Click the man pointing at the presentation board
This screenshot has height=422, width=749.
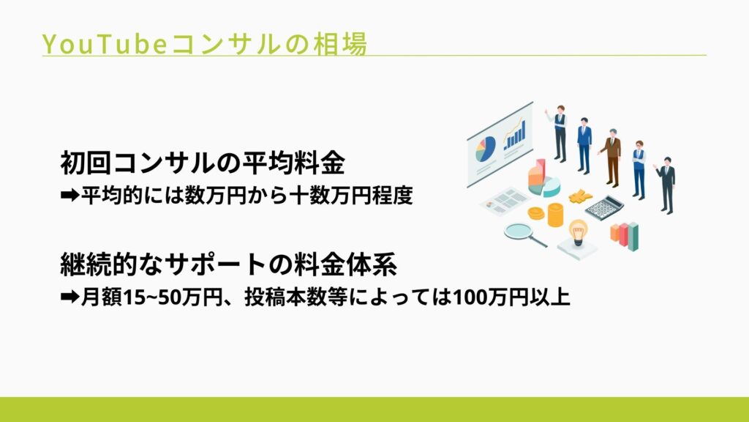(559, 132)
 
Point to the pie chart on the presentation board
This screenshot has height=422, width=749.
(485, 149)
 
